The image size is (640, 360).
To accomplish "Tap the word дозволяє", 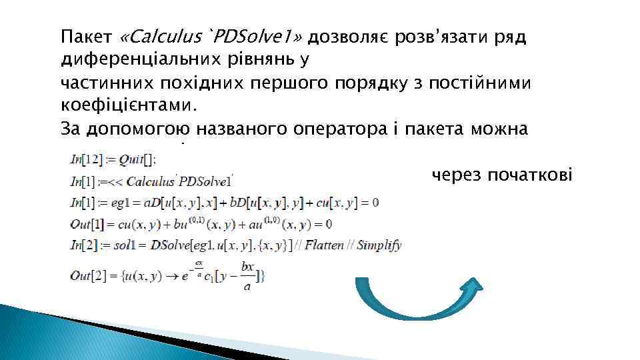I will (x=341, y=37).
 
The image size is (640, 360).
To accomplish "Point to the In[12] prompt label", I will (x=85, y=160).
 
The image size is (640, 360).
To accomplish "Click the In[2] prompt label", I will (x=83, y=245).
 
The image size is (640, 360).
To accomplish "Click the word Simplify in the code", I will (x=379, y=245).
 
